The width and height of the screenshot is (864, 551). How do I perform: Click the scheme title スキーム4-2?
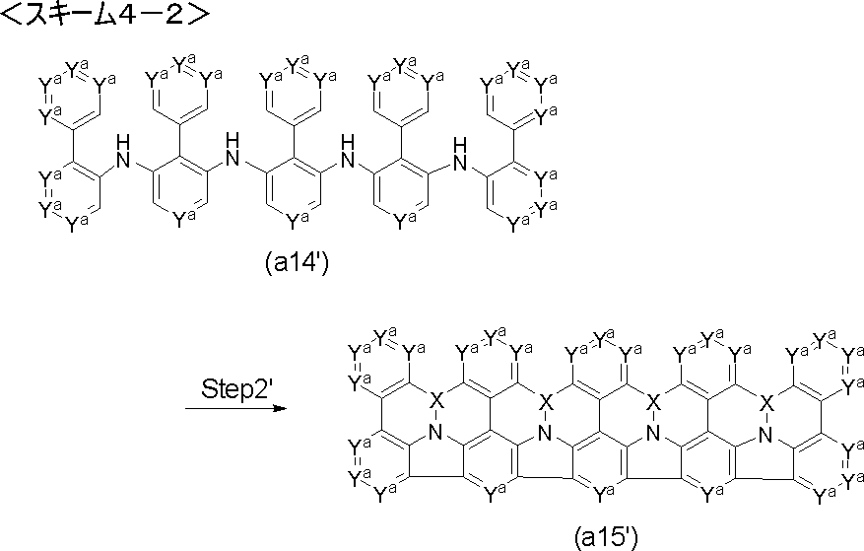[104, 14]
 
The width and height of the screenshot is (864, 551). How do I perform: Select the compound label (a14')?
[297, 263]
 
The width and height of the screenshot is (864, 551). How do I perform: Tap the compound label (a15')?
[606, 538]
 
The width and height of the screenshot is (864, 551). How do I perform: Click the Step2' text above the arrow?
[237, 388]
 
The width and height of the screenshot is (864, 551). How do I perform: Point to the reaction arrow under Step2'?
[236, 409]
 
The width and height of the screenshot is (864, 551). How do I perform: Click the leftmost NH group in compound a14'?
[123, 152]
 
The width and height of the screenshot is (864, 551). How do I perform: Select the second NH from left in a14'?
[233, 149]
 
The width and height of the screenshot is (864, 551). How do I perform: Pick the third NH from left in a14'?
[347, 150]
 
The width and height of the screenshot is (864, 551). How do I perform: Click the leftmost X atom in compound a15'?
[435, 401]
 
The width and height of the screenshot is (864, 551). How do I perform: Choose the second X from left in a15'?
[545, 401]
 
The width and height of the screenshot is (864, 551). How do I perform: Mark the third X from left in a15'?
[653, 401]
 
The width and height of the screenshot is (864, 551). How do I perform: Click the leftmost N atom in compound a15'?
[435, 434]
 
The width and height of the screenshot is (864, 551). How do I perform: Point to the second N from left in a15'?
[545, 434]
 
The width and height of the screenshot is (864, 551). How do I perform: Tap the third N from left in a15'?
[653, 434]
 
